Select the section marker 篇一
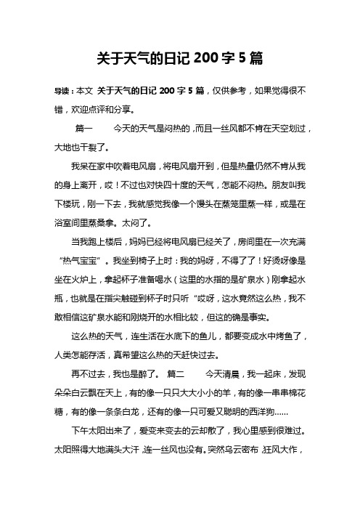[84, 128]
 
